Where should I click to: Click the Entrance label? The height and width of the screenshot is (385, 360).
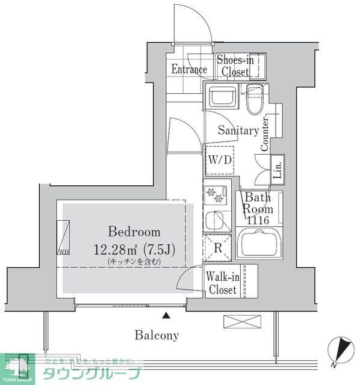[x=189, y=69]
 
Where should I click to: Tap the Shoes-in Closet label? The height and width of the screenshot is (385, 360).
[x=234, y=66]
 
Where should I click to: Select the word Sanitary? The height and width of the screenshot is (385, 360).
[x=238, y=130]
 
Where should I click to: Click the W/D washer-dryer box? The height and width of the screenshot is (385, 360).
[x=219, y=161]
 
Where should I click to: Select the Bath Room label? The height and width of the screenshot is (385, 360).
[x=258, y=203]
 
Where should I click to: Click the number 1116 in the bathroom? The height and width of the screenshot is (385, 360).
[x=258, y=221]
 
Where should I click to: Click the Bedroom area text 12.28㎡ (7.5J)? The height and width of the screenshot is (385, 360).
[x=134, y=249]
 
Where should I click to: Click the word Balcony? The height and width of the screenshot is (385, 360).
[x=156, y=335]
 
